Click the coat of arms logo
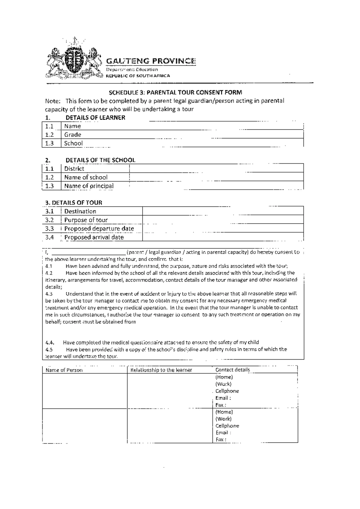[x=73, y=59]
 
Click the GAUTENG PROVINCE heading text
[x=151, y=61]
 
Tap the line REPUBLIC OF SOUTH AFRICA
[x=138, y=76]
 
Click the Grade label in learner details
[x=73, y=135]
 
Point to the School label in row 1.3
[x=73, y=143]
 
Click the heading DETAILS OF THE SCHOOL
[x=100, y=160]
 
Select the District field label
[x=74, y=169]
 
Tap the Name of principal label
[x=89, y=186]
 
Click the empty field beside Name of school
[x=216, y=177]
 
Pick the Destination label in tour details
[x=80, y=211]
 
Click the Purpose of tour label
[x=86, y=220]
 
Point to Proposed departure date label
[x=99, y=229]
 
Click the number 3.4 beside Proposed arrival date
[x=49, y=237]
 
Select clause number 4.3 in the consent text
[x=49, y=294]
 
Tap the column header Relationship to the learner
[x=161, y=370]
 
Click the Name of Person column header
[x=64, y=370]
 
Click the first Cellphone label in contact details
[x=227, y=391]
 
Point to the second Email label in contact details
[x=223, y=433]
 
